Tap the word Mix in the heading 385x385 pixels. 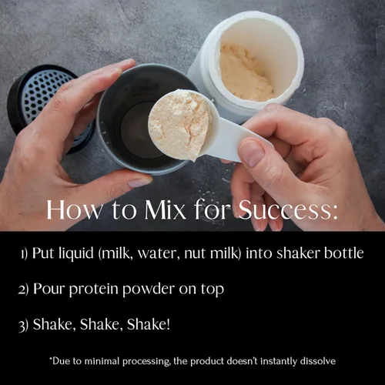[165, 210]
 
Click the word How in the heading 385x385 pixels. [74, 210]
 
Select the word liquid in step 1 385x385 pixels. [76, 254]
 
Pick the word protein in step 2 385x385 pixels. [93, 290]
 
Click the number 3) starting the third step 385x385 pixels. [24, 326]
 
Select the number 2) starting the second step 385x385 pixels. [24, 290]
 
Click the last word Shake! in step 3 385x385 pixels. [149, 324]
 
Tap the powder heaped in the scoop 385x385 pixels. [179, 124]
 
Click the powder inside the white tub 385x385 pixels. [244, 72]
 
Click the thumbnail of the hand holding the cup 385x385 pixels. [139, 182]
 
